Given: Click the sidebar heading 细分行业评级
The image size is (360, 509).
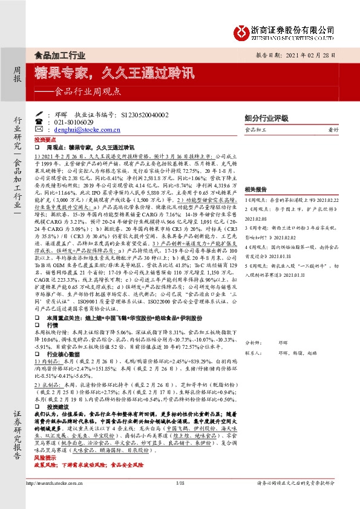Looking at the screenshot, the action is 265,118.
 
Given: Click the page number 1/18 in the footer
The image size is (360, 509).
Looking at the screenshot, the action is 180,499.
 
